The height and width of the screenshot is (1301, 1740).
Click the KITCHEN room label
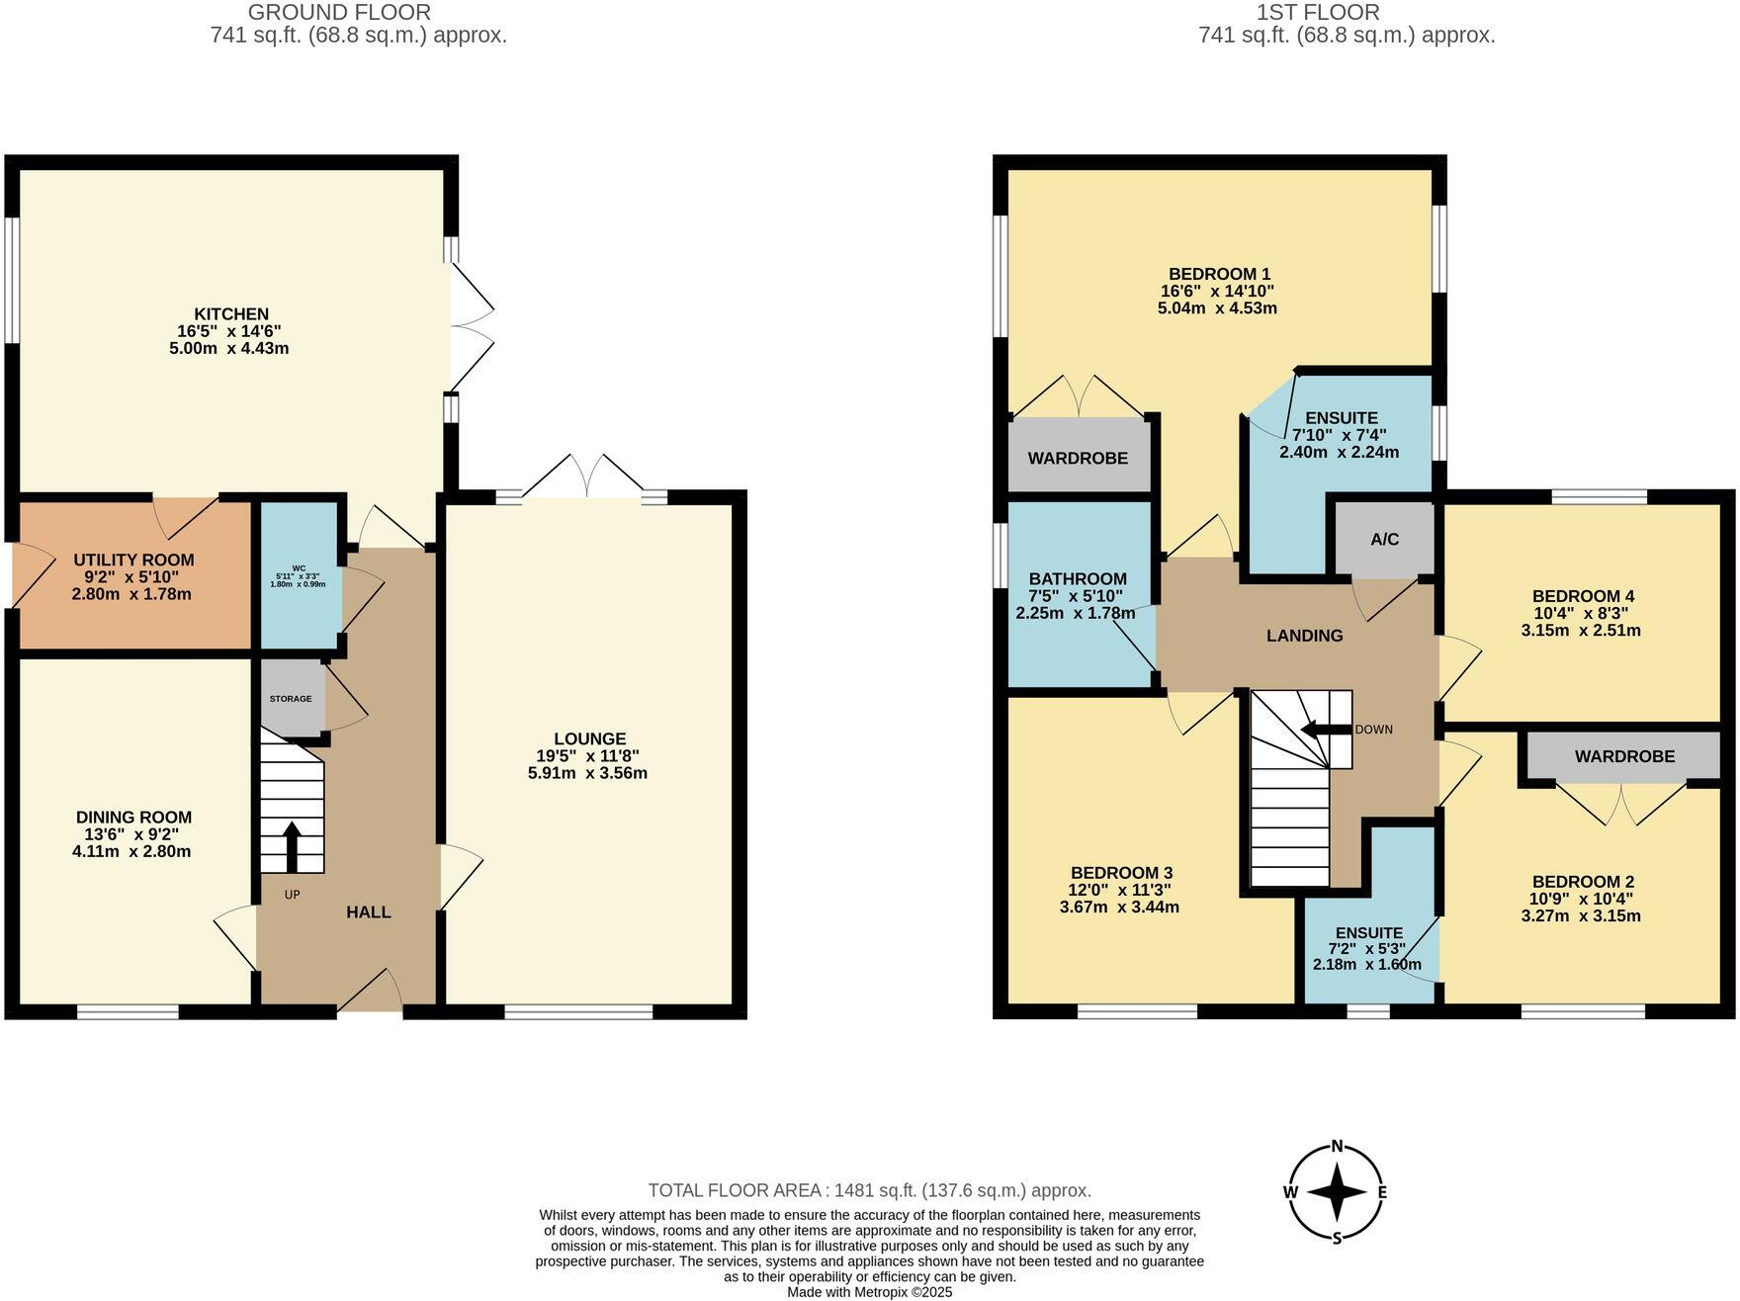coord(229,314)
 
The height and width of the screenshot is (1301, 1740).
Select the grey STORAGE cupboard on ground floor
coord(291,698)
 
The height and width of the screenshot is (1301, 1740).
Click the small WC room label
coord(299,568)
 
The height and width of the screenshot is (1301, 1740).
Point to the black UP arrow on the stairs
coord(292,846)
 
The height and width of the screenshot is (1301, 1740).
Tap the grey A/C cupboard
coord(1384,539)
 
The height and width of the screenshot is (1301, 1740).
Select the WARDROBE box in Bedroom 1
coord(1078,458)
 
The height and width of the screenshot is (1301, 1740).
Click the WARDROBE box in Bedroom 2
coord(1624,756)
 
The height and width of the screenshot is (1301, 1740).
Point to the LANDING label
coord(1304,636)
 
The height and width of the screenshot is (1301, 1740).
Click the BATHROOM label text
coord(1078,579)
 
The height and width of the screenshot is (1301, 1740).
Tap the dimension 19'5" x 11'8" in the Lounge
coord(589,756)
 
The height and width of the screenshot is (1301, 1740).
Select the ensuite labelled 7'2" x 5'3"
coord(1368,948)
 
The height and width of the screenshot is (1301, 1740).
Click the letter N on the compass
coord(1337,1147)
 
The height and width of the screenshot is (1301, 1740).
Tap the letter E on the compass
coord(1382,1192)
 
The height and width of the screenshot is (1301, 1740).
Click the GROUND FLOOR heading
coord(339,13)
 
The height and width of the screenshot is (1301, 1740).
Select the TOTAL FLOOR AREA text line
coord(869,1190)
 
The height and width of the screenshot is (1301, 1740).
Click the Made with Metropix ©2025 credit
coord(869,1292)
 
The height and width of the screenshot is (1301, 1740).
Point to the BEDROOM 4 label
coord(1582,596)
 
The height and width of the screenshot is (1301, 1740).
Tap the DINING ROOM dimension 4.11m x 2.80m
coord(131,851)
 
